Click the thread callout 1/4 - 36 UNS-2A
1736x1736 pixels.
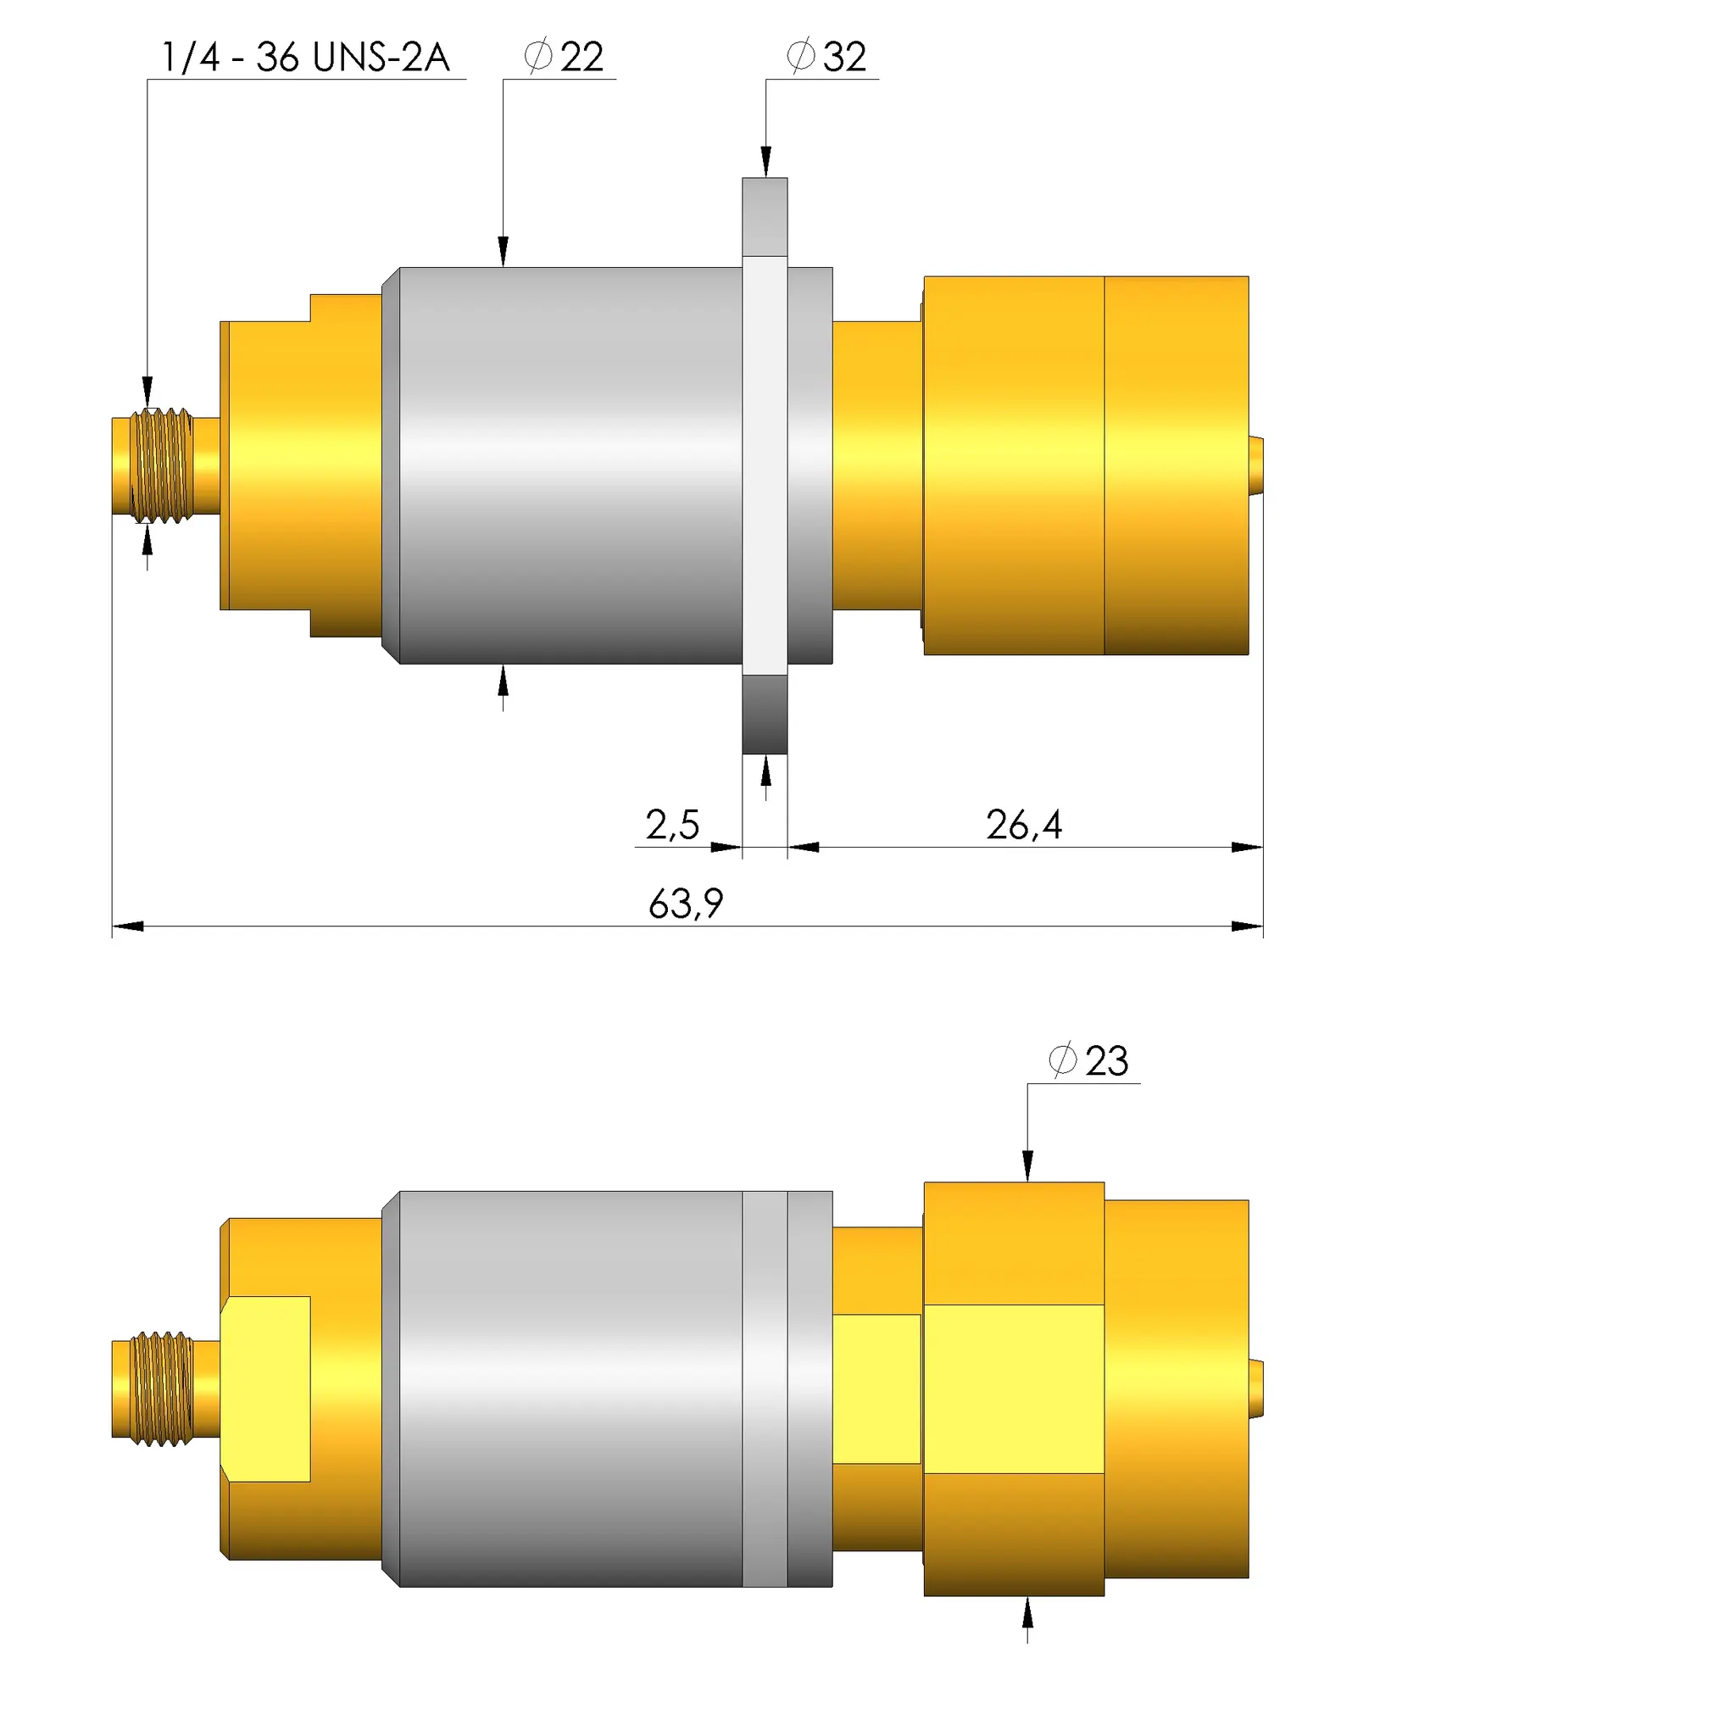pos(305,57)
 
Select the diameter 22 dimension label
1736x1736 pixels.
pos(565,57)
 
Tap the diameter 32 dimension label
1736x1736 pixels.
pos(826,57)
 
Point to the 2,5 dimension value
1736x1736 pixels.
pos(672,824)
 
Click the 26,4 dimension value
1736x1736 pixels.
pos(1024,824)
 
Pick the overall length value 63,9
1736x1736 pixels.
pos(686,903)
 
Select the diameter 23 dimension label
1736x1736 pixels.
pos(1089,1060)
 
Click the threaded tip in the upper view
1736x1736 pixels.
pos(162,465)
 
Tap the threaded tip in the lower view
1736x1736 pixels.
pos(162,1389)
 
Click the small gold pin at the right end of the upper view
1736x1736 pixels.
pos(1256,465)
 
